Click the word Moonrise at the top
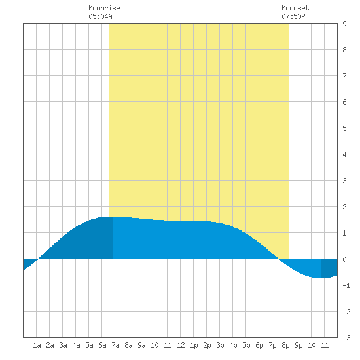pyautogui.click(x=104, y=8)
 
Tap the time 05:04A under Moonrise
pyautogui.click(x=100, y=16)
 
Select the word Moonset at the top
pyautogui.click(x=295, y=8)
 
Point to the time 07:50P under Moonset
pyautogui.click(x=293, y=16)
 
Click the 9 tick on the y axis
pyautogui.click(x=344, y=24)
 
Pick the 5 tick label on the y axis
pyautogui.click(x=344, y=128)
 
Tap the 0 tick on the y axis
pyautogui.click(x=344, y=259)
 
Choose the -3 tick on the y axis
pyautogui.click(x=346, y=338)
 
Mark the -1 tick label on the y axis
pyautogui.click(x=346, y=285)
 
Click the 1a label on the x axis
pyautogui.click(x=37, y=345)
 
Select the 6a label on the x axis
pyautogui.click(x=102, y=345)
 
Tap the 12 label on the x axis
pyautogui.click(x=181, y=345)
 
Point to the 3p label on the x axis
pyautogui.click(x=220, y=345)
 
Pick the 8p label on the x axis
pyautogui.click(x=285, y=345)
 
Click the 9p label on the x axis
pyautogui.click(x=298, y=345)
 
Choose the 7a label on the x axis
pyautogui.click(x=115, y=345)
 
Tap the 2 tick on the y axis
pyautogui.click(x=344, y=207)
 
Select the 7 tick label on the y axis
pyautogui.click(x=344, y=76)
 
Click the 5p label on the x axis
pyautogui.click(x=246, y=345)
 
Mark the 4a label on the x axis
pyautogui.click(x=76, y=345)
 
